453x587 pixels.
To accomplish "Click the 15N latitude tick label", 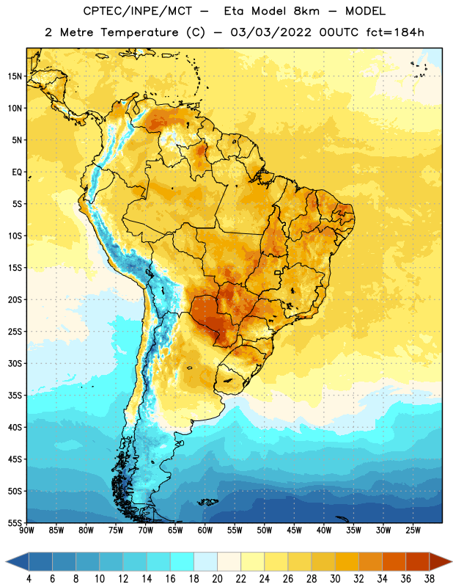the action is pos(15,76).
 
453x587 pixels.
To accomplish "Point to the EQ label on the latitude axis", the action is pos(17,172).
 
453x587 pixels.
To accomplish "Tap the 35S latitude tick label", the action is pos(15,395).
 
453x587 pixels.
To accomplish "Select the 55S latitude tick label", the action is pos(15,522).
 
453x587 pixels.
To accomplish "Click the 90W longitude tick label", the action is pos(26,531).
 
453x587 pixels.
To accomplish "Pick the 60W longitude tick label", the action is pos(205,531).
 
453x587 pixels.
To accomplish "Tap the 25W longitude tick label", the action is pos(413,531).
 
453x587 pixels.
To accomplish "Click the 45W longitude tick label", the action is pos(294,531).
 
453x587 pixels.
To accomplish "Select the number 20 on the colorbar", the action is pos(217,579).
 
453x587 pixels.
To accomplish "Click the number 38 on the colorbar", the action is pos(429,579).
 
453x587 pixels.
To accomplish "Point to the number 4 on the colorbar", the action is pos(29,579).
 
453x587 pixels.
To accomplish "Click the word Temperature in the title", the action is pos(139,32).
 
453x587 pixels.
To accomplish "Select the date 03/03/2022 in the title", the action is pos(270,32).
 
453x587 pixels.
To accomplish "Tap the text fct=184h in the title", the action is pos(395,32).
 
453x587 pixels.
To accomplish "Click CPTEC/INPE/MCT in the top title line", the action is pos(137,11).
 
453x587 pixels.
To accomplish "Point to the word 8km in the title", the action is pos(306,11).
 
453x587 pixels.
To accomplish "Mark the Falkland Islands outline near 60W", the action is pos(207,502).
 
